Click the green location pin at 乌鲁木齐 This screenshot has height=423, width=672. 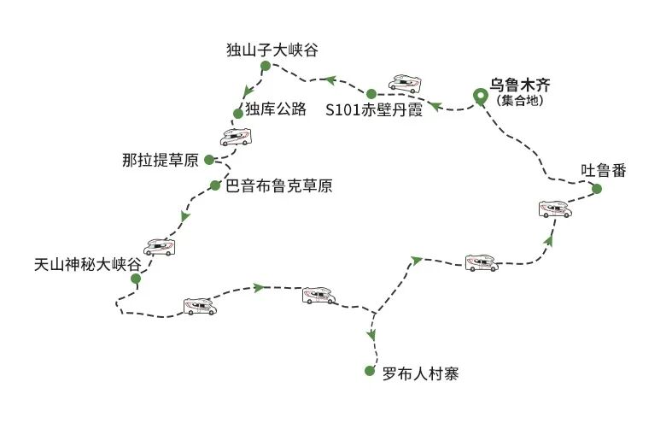(x=480, y=95)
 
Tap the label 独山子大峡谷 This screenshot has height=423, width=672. (x=272, y=50)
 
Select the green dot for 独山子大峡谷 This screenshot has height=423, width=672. (x=265, y=66)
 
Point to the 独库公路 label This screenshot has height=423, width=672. (x=275, y=110)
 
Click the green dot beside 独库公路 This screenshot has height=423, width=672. (x=238, y=113)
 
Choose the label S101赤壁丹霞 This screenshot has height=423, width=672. (x=374, y=111)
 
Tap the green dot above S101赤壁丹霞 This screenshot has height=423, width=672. (x=371, y=93)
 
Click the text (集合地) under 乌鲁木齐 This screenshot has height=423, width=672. (x=520, y=101)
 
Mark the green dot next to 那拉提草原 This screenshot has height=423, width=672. (x=209, y=159)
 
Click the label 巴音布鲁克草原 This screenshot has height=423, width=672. (x=278, y=185)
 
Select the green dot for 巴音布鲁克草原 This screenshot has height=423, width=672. (x=214, y=185)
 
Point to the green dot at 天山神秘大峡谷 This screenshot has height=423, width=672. (x=135, y=278)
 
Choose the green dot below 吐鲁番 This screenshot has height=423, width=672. (x=597, y=189)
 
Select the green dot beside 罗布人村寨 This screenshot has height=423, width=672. (x=369, y=371)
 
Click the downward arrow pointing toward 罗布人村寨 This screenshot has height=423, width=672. (x=371, y=334)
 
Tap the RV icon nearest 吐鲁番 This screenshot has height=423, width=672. (x=555, y=209)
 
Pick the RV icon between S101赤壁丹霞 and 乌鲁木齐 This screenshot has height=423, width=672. (x=405, y=83)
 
